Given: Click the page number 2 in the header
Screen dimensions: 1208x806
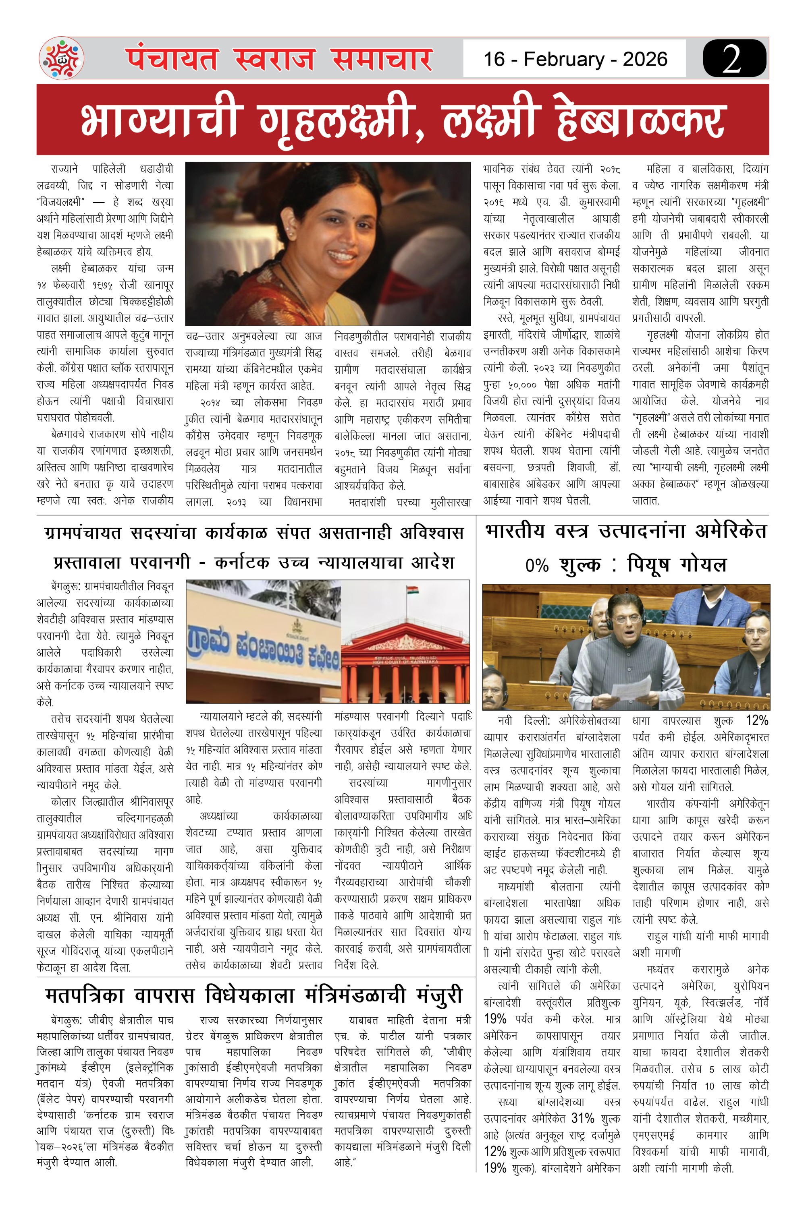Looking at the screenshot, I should coord(733,58).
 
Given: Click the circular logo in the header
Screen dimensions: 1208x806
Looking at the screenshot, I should coord(62,58).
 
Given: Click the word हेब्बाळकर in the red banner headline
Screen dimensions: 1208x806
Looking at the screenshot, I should coord(641,120).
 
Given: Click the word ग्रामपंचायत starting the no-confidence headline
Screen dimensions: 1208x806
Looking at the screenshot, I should coord(82,533).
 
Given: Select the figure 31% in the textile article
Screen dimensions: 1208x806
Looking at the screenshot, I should coord(583,1118).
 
